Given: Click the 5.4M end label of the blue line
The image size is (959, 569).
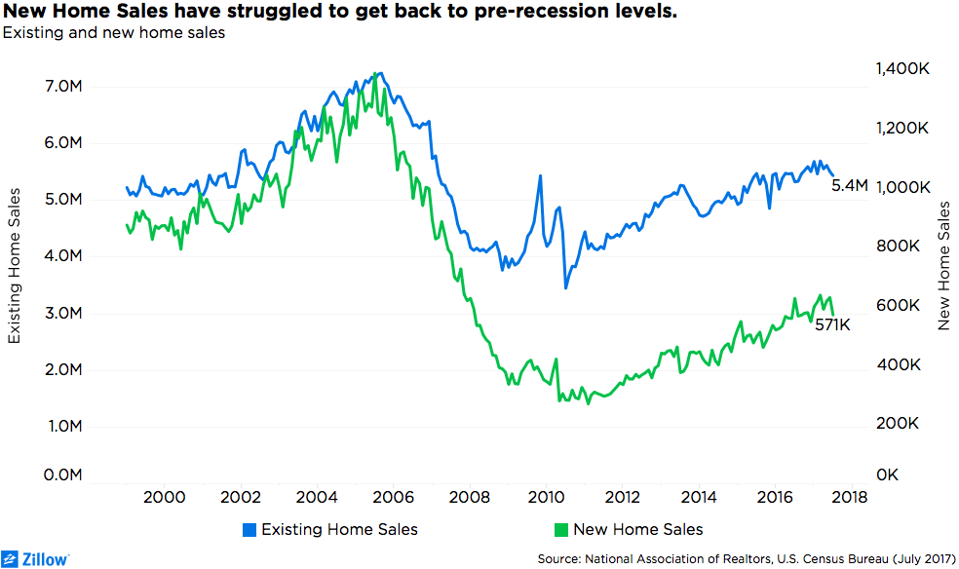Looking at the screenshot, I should pos(849,185).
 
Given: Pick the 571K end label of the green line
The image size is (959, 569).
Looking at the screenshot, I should pos(833,324).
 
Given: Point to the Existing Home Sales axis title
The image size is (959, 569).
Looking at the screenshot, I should pos(15,278).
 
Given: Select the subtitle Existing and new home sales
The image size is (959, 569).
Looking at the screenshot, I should pos(114,33).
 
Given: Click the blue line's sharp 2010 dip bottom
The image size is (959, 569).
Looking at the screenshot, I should pos(565,288).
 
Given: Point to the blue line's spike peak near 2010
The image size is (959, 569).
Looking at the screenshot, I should pos(540,176).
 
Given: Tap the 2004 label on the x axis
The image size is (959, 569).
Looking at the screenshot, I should pos(316,497).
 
